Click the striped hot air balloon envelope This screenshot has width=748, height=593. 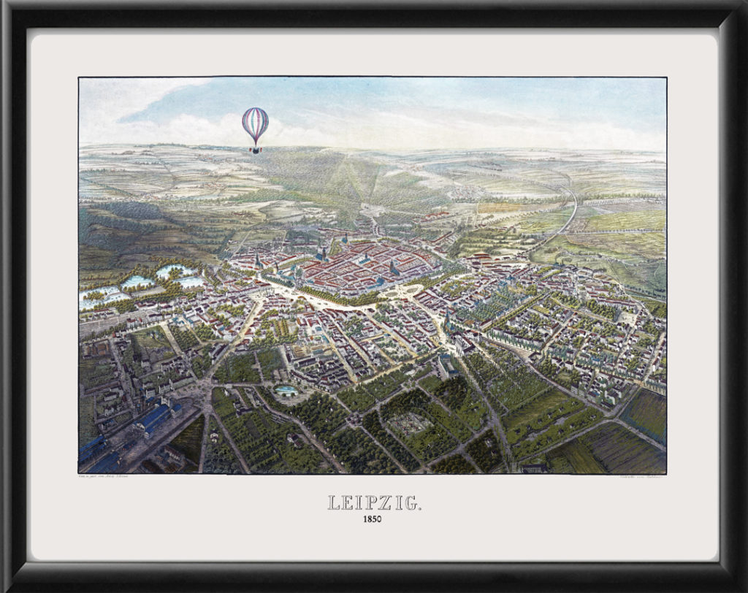pyautogui.click(x=255, y=124)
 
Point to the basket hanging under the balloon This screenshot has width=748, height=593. pyautogui.click(x=255, y=150)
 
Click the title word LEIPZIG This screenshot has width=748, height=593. pyautogui.click(x=373, y=502)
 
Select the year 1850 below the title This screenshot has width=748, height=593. pyautogui.click(x=373, y=520)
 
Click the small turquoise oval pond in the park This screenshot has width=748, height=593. pyautogui.click(x=286, y=391)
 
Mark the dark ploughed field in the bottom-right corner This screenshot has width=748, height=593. pyautogui.click(x=643, y=413)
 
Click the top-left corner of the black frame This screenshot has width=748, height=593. pyautogui.click(x=6, y=6)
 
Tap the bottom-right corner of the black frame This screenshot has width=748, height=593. pyautogui.click(x=741, y=586)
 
